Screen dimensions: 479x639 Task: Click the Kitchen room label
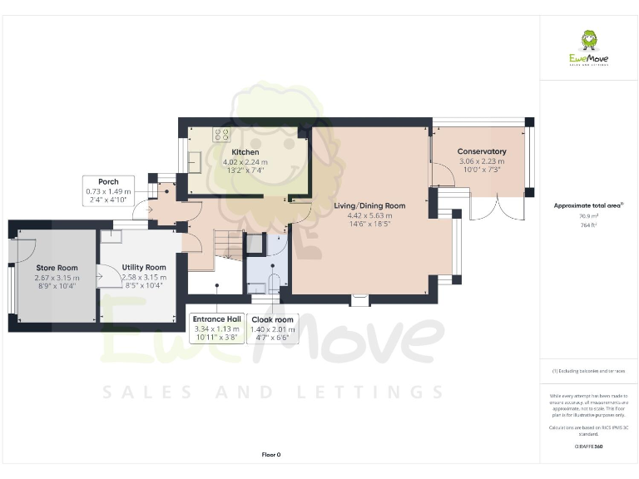245,152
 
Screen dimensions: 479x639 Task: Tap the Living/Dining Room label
369,205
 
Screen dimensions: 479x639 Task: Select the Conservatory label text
482,151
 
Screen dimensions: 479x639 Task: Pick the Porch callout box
108,190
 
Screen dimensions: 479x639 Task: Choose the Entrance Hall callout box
215,328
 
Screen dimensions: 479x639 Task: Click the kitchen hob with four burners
223,134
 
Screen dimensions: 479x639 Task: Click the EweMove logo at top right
588,51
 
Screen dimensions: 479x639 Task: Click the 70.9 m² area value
588,215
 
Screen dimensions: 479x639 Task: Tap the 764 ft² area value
588,224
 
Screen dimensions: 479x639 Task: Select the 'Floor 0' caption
271,455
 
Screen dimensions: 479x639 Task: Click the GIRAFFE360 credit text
588,447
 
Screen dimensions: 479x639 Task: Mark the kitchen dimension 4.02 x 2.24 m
245,162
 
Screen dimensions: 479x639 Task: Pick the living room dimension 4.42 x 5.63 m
369,215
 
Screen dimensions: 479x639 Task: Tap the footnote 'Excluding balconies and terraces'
588,370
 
